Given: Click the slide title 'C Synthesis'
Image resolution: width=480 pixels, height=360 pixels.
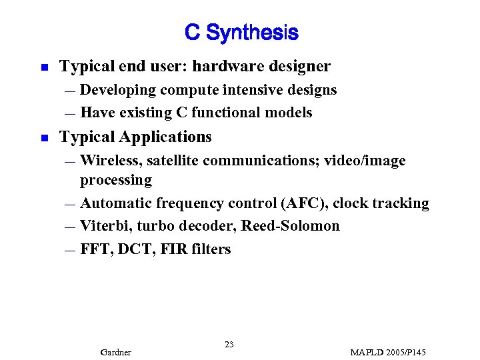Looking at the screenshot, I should pos(241,32).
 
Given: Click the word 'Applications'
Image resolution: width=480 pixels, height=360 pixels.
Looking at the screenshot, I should pos(165,137).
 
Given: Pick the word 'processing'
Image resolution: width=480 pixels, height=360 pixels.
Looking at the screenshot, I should pos(116,180).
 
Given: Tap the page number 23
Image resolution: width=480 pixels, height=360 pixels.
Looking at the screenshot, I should pos(229,344).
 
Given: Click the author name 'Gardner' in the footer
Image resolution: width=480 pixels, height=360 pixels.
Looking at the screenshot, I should pos(115,352).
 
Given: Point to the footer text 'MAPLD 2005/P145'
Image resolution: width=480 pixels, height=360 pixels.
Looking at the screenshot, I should pos(387,352).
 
